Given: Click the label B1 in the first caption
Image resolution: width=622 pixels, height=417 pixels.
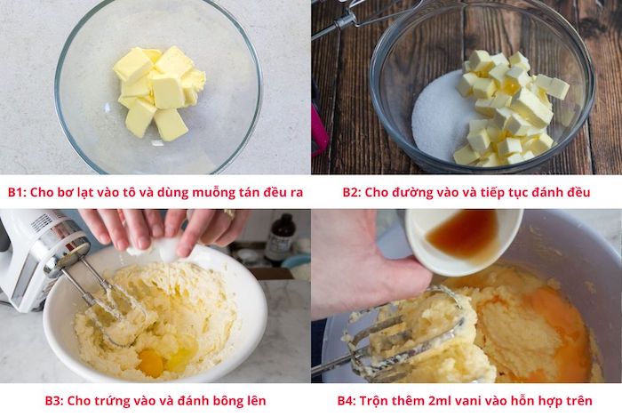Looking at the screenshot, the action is (x=17, y=192).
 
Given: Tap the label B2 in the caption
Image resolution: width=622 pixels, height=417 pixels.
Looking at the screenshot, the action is (x=352, y=192).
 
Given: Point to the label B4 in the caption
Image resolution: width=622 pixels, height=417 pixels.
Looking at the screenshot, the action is (x=347, y=401).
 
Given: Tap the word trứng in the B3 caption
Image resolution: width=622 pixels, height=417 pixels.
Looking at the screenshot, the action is (x=108, y=401).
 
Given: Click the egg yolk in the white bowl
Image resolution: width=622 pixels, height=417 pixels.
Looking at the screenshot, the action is (x=151, y=363).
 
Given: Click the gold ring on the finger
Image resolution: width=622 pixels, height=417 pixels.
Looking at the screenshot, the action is (x=229, y=214).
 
